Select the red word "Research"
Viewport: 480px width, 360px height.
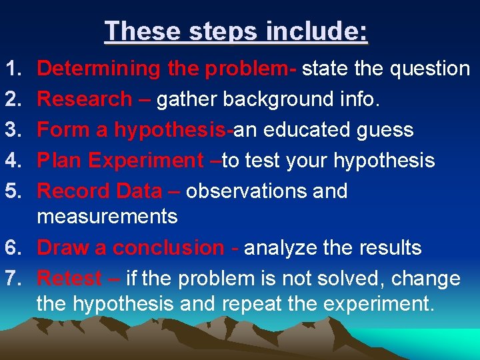click(x=85, y=99)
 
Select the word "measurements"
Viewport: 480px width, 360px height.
click(x=107, y=217)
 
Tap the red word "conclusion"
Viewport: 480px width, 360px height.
click(x=169, y=248)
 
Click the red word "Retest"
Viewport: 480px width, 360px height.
click(x=69, y=279)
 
